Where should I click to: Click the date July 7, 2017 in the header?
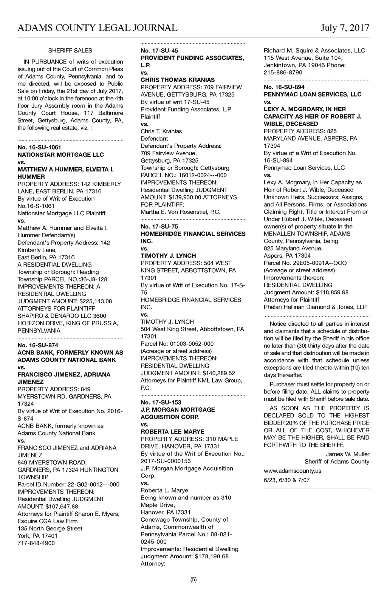[345, 28]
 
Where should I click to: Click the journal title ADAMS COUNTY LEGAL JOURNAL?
[98, 28]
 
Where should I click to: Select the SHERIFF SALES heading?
[70, 51]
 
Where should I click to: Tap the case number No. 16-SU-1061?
[39, 147]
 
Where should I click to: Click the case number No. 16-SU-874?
[38, 345]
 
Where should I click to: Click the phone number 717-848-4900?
[36, 543]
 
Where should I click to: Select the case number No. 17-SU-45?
[159, 51]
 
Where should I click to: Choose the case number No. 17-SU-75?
[159, 227]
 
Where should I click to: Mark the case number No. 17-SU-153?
[161, 402]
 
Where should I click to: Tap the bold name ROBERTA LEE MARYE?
[172, 432]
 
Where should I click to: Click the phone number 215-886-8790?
[283, 73]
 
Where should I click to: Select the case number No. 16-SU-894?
[284, 87]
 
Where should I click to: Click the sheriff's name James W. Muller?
[347, 454]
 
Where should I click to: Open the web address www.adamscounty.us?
[293, 471]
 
